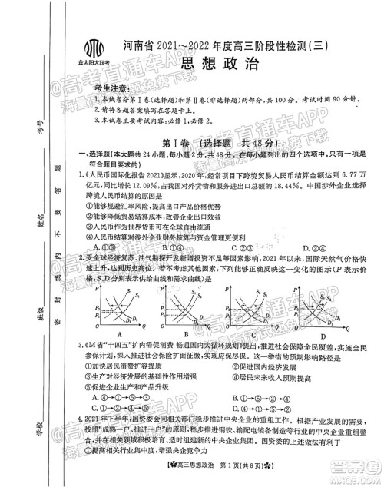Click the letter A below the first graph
[118, 336]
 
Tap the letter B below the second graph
[187, 336]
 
